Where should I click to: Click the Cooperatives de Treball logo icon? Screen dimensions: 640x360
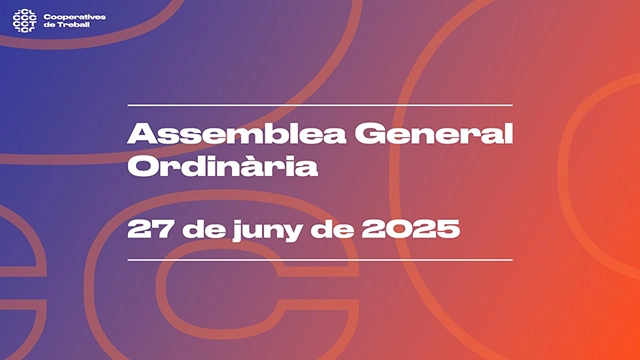coord(24,21)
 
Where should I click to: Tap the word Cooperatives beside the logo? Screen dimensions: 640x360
coord(75,17)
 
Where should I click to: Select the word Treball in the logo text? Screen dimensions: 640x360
coord(73,25)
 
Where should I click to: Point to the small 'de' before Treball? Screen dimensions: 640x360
coord(49,25)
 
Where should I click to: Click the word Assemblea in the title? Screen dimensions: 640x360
coord(237,134)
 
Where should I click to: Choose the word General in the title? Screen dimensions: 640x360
coord(433,134)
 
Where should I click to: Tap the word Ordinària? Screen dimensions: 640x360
coord(223,165)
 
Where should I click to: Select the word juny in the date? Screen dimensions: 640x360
coord(267,230)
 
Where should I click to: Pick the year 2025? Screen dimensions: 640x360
coord(411,229)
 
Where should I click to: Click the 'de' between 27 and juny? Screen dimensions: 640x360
coord(204,229)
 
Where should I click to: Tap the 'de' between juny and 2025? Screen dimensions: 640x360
coord(332,229)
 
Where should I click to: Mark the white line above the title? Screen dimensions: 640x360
coord(320,105)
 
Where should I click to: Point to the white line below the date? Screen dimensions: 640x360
coord(320,260)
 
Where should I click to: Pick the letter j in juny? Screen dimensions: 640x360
coord(238,231)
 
